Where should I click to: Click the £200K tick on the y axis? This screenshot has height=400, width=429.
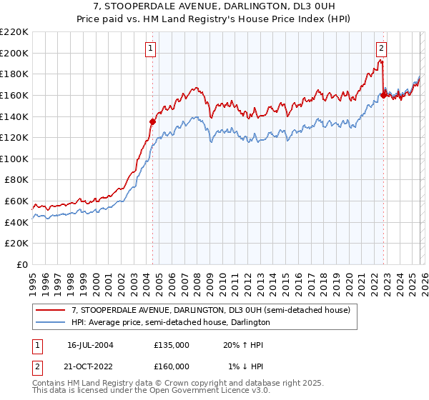[14, 53]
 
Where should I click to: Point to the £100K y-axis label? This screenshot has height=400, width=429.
[14, 159]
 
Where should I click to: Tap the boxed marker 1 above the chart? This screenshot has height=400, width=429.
[152, 49]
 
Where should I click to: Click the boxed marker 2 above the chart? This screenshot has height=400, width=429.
[382, 49]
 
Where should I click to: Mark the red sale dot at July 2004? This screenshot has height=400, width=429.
[152, 121]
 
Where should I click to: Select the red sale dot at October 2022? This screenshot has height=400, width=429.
[383, 94]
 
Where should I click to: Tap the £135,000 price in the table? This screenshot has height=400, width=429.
[172, 344]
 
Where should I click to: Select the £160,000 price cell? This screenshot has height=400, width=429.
[172, 366]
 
